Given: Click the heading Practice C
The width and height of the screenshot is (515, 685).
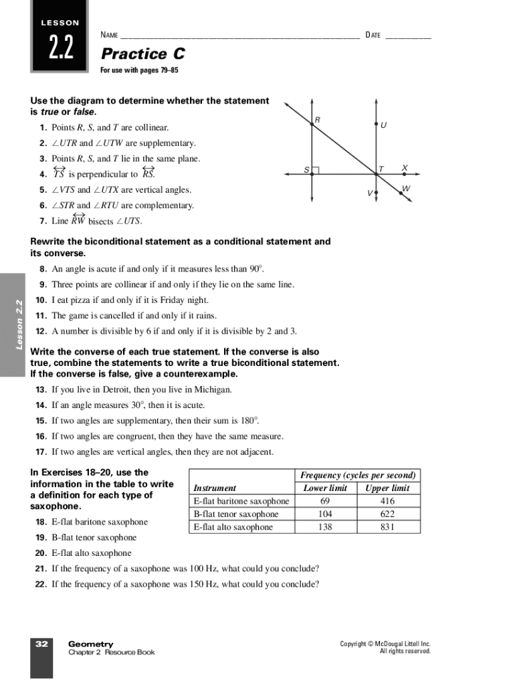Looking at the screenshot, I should (x=142, y=54).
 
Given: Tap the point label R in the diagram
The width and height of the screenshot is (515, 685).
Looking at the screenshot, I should (x=317, y=120).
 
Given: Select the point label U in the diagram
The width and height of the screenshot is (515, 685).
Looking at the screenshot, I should (x=383, y=125).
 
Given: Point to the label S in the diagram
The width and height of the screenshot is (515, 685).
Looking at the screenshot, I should (x=306, y=170).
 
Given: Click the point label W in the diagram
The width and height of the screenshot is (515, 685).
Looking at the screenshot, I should (x=406, y=189).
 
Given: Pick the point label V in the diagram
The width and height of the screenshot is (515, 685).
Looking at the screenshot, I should (x=369, y=193).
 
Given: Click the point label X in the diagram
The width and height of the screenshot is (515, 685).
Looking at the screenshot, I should (x=405, y=168).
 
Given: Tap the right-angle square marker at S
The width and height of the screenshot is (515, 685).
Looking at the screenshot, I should (x=316, y=171).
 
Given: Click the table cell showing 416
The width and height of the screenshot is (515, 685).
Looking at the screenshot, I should (x=387, y=501).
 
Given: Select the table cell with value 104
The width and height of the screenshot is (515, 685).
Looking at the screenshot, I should (x=325, y=514).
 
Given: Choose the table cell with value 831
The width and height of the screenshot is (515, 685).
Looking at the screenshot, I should (x=387, y=527).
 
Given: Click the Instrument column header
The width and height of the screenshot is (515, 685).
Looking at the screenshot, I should (x=215, y=488).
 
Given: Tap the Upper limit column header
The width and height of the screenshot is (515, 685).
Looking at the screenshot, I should (x=387, y=488).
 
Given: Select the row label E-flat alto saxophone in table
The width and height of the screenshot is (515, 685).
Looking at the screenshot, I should (x=233, y=527).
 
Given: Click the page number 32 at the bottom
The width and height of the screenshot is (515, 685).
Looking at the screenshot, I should (x=41, y=644).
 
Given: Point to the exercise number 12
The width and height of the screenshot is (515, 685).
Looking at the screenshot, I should (x=41, y=331).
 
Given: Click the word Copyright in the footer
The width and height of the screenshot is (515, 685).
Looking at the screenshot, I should (x=356, y=644).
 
